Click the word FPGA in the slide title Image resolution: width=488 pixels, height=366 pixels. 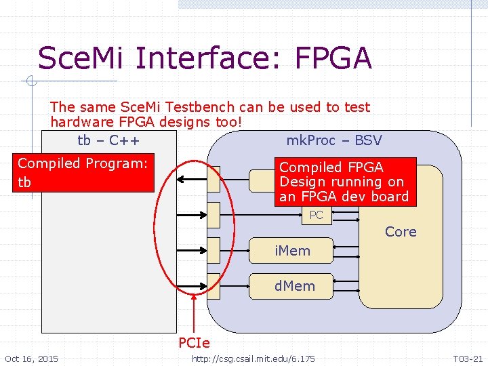pyautogui.click(x=333, y=58)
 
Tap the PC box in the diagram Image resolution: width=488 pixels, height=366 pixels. pyautogui.click(x=316, y=216)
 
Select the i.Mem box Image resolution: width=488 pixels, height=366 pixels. pyautogui.click(x=292, y=251)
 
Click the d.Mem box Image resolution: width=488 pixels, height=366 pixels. pyautogui.click(x=294, y=286)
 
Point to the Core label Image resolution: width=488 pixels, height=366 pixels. pyautogui.click(x=401, y=232)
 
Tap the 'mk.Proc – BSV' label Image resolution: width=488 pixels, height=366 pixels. pyautogui.click(x=333, y=140)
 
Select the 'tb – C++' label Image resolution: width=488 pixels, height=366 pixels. pyautogui.click(x=108, y=140)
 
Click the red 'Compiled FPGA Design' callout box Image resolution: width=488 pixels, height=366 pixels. pyautogui.click(x=344, y=182)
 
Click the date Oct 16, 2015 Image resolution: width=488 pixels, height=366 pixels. pyautogui.click(x=31, y=359)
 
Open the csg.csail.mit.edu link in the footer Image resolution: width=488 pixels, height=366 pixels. pyautogui.click(x=253, y=359)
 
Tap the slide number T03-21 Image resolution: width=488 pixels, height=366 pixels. pyautogui.click(x=468, y=359)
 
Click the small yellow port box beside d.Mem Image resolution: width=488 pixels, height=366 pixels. pyautogui.click(x=213, y=285)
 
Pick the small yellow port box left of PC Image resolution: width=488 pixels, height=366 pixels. pyautogui.click(x=213, y=215)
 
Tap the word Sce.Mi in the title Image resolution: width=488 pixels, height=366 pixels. pyautogui.click(x=81, y=58)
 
